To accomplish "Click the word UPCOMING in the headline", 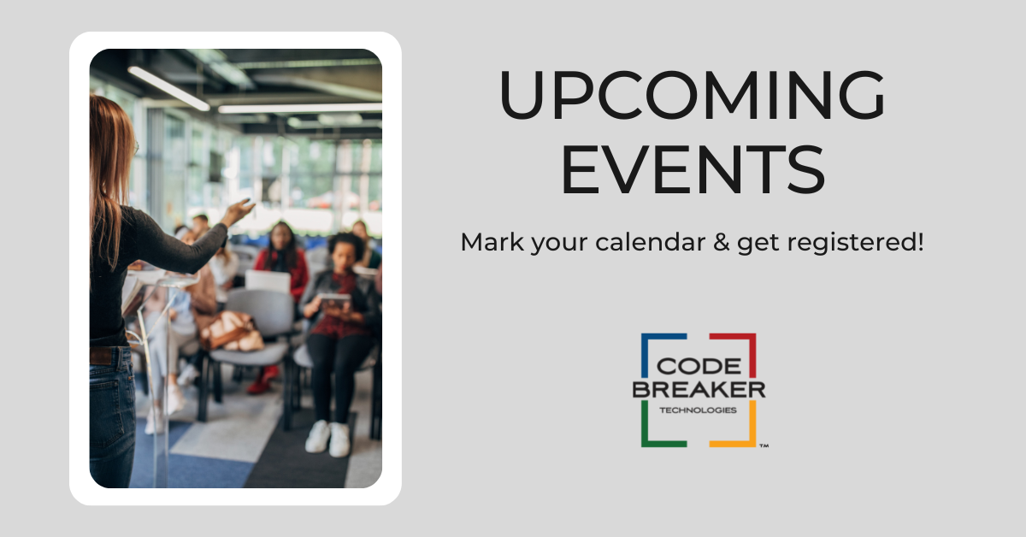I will coord(692,95).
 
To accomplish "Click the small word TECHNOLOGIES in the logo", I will coord(698,410).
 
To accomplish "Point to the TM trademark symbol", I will coord(764,446).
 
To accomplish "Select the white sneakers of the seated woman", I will coord(328,438).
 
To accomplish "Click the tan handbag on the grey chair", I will coord(231,331).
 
